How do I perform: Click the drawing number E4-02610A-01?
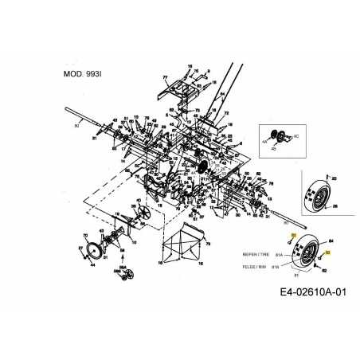point(313,292)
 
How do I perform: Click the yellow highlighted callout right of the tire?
point(327,252)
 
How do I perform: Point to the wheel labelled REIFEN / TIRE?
point(307,254)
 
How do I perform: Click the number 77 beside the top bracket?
point(165,78)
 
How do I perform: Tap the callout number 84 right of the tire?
point(331,241)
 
